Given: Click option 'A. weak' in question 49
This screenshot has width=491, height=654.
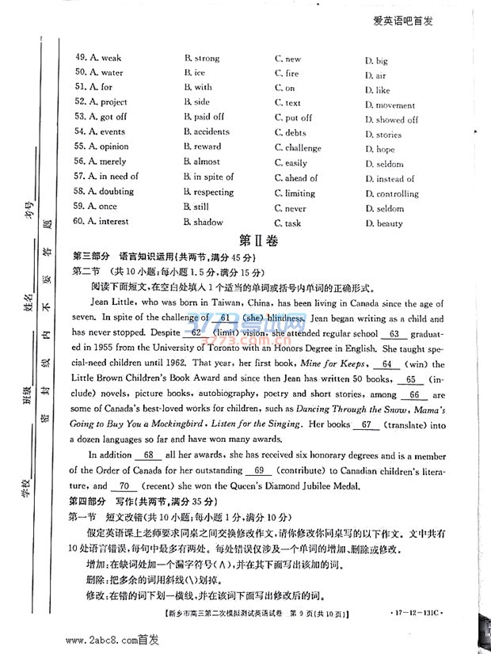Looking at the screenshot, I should [98, 58].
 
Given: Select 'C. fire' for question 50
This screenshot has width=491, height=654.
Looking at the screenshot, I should [287, 74].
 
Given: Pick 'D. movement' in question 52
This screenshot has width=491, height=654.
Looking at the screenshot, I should [390, 105].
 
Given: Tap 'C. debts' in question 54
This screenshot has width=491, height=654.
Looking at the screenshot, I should [291, 133].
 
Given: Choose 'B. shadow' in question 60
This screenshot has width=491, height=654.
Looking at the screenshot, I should [204, 222].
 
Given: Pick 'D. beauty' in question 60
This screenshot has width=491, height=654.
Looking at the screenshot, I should [384, 224].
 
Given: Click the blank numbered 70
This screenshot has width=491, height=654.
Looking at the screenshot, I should [123, 485].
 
